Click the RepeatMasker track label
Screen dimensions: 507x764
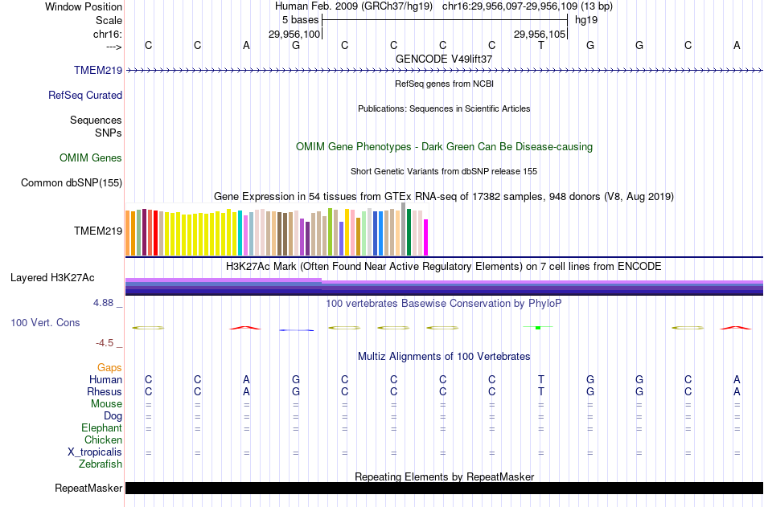coord(88,489)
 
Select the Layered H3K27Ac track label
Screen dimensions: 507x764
coord(52,278)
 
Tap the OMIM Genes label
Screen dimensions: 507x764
coord(91,158)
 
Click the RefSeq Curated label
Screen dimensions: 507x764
coord(85,96)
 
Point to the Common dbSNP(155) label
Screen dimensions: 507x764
coord(72,183)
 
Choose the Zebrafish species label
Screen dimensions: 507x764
coord(101,464)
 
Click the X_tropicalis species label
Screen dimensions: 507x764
coord(95,452)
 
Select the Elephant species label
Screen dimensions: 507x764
coord(101,428)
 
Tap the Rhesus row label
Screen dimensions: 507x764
coord(105,392)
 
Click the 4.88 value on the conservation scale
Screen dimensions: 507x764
coord(105,304)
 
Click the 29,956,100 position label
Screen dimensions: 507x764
coord(294,35)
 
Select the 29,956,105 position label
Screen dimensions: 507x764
coord(540,35)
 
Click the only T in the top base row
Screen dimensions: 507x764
coord(541,46)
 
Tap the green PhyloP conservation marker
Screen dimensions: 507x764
coord(537,328)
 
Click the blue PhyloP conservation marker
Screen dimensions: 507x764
coord(296,330)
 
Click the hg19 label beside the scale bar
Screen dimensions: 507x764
coord(586,20)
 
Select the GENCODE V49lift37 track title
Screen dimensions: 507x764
coord(444,59)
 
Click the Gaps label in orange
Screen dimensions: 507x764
coord(109,368)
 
